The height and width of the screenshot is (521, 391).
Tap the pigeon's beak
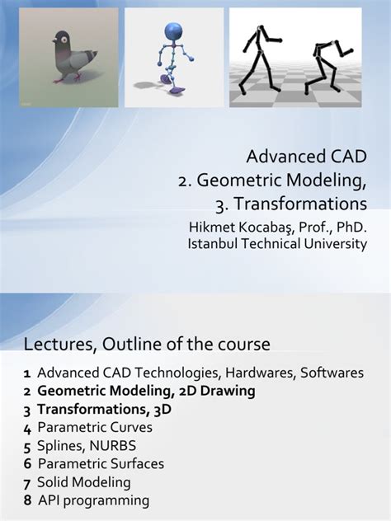coord(51,43)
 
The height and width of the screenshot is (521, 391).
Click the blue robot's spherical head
coord(176,31)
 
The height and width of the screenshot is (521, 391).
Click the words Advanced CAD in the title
coord(307,156)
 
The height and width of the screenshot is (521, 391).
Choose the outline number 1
coord(27,373)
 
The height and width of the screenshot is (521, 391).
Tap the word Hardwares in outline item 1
coord(263,373)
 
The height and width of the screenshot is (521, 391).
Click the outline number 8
coord(27,500)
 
